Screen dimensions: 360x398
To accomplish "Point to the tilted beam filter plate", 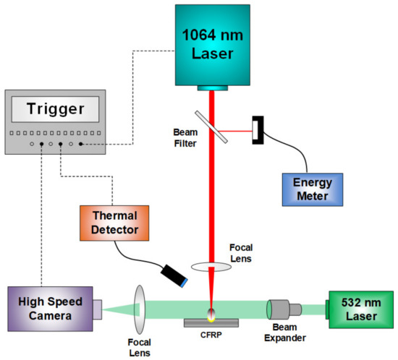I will point(211,127).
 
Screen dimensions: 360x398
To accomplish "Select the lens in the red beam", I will point(211,267).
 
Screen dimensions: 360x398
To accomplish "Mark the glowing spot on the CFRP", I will point(211,314).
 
